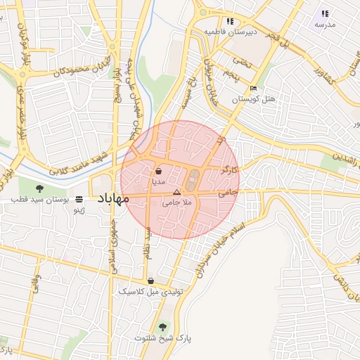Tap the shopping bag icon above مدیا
click(158, 170)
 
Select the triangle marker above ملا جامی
click(176, 191)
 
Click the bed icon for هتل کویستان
click(253, 89)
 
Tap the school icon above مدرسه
click(325, 13)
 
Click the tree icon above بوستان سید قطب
click(39, 188)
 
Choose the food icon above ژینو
click(79, 200)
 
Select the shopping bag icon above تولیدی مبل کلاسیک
click(150, 281)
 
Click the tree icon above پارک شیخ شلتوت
click(164, 326)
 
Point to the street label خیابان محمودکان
click(70, 68)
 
